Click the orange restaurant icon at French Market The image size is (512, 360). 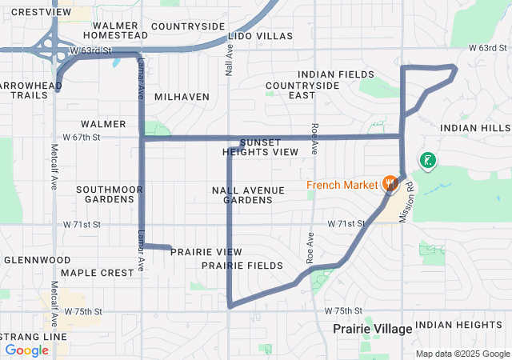[390, 184]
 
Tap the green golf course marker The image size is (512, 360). [428, 160]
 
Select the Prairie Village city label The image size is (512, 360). [372, 329]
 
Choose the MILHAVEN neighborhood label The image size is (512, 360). [182, 97]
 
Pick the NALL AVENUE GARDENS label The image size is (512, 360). [248, 194]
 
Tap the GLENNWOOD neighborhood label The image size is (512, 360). [31, 260]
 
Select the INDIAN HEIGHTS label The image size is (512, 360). [458, 325]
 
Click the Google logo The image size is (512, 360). [26, 350]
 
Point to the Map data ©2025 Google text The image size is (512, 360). [462, 354]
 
